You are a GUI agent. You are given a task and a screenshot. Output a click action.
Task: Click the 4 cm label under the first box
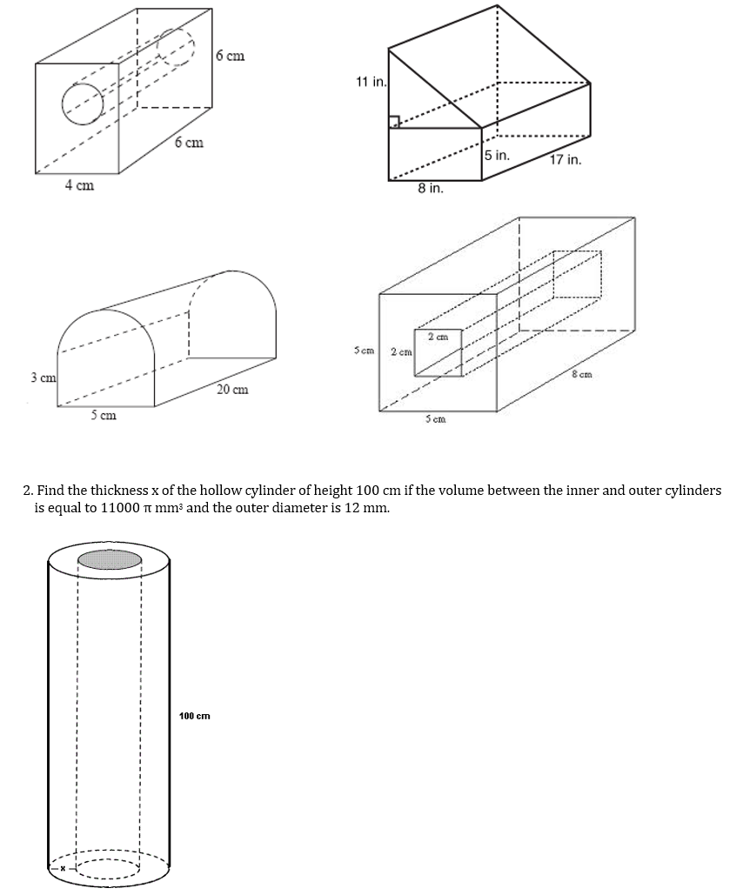click(x=79, y=185)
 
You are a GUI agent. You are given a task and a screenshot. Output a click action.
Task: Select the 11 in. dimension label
click(x=370, y=82)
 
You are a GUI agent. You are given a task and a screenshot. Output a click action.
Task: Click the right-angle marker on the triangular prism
click(x=394, y=122)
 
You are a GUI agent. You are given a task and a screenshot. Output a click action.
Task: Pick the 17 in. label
click(x=566, y=160)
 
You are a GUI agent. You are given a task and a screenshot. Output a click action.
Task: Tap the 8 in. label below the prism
click(x=430, y=188)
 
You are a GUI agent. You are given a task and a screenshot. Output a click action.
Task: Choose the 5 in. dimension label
click(x=497, y=156)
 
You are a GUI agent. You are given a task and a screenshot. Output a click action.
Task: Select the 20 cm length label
click(x=232, y=389)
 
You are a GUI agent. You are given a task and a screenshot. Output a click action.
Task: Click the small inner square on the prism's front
click(x=436, y=353)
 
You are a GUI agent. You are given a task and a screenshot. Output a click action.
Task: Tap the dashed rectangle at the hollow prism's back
click(x=576, y=275)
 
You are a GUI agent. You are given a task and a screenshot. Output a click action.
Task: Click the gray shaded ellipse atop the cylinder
click(x=110, y=558)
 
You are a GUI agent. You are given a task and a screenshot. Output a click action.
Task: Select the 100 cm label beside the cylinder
click(x=194, y=716)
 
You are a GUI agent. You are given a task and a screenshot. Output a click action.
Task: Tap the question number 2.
click(x=26, y=491)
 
